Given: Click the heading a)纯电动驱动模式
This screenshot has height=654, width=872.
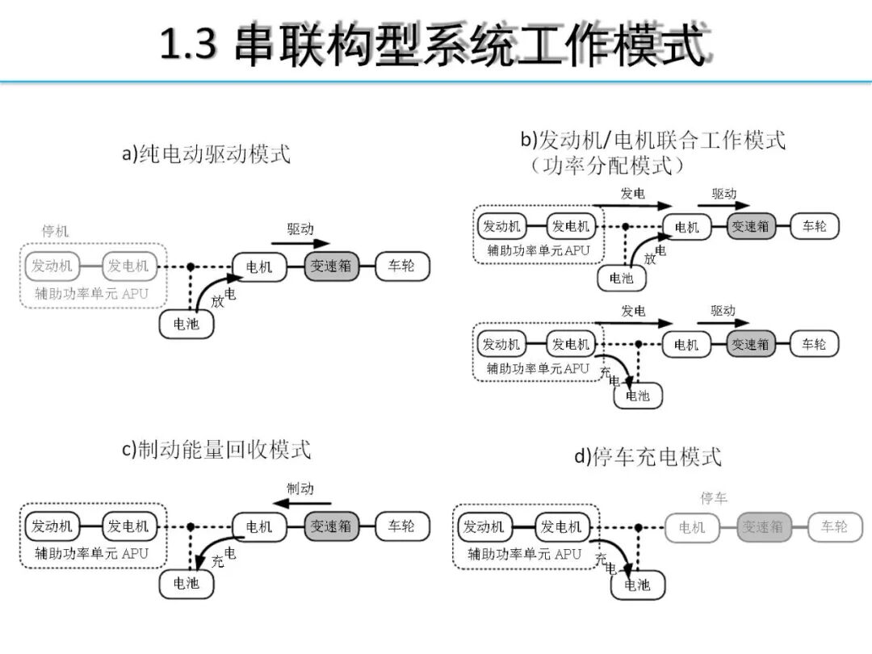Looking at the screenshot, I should pyautogui.click(x=206, y=154).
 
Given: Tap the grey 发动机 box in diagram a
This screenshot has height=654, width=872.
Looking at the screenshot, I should pyautogui.click(x=52, y=266).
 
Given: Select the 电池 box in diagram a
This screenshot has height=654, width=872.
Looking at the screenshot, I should pyautogui.click(x=187, y=324).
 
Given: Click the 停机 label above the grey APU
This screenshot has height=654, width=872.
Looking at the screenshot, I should pyautogui.click(x=56, y=231).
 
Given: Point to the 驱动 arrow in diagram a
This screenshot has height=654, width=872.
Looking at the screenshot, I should pyautogui.click(x=300, y=241).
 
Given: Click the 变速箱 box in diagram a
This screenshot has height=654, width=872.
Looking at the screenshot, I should pyautogui.click(x=331, y=266).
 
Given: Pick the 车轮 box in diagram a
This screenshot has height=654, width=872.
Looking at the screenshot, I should pyautogui.click(x=402, y=266).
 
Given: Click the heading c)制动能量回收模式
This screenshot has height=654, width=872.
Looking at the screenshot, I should pyautogui.click(x=216, y=450).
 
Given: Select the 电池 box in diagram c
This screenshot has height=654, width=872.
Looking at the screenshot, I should pyautogui.click(x=187, y=583).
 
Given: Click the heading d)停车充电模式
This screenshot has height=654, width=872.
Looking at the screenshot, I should pyautogui.click(x=648, y=456).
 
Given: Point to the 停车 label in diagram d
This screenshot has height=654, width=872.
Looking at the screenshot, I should pyautogui.click(x=714, y=498).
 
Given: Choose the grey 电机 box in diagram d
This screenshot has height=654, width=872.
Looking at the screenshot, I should pyautogui.click(x=692, y=527).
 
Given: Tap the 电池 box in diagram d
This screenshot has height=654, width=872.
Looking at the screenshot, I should pyautogui.click(x=638, y=585).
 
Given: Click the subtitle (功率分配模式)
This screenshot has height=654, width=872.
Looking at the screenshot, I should pyautogui.click(x=607, y=166).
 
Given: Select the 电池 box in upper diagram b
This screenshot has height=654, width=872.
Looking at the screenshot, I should pyautogui.click(x=622, y=279).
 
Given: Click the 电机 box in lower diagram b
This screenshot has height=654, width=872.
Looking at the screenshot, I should pyautogui.click(x=686, y=345).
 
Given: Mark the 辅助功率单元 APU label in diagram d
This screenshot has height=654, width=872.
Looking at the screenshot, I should pyautogui.click(x=525, y=554).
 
